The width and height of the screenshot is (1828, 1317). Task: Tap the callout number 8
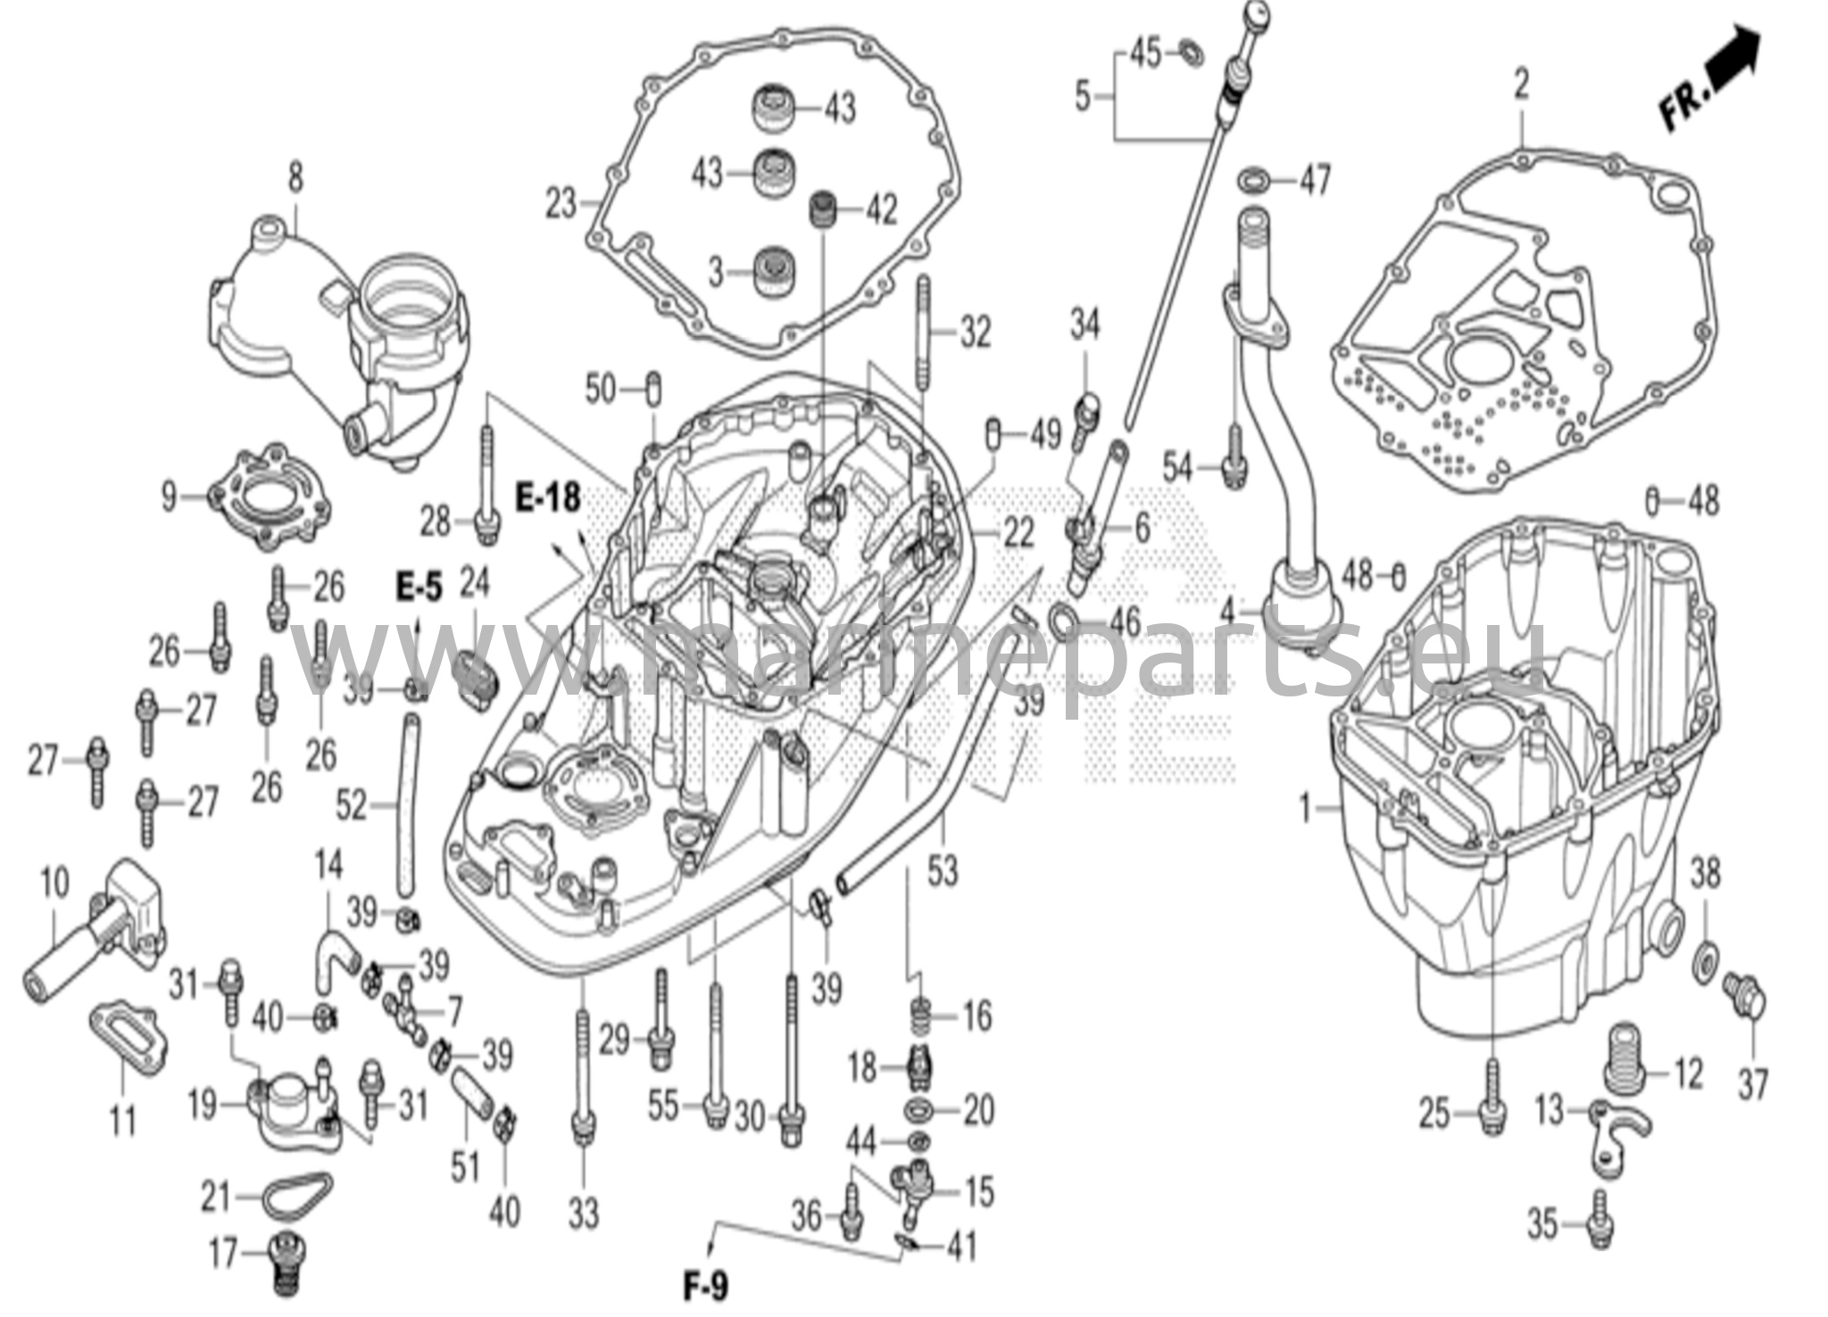pos(295,178)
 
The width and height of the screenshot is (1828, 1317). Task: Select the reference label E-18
pos(548,497)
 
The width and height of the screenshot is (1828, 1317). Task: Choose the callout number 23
pos(561,204)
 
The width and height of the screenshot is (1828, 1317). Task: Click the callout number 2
pos(1521,86)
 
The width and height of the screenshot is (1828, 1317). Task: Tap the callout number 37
pos(1753,1085)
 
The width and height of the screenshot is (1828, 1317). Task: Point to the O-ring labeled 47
pos(1255,178)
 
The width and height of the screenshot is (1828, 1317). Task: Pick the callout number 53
pos(942,870)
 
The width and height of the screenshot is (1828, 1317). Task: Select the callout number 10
pos(54,883)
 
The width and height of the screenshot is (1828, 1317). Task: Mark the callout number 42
pos(882,211)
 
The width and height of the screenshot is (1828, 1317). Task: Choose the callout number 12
pos(1687,1074)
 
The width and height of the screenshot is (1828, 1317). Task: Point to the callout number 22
pos(1018,533)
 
